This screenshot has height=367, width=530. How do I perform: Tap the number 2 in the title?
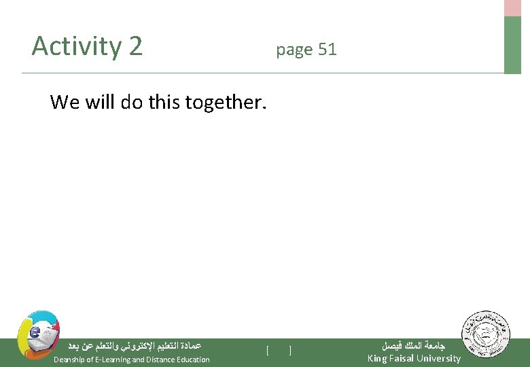(135, 46)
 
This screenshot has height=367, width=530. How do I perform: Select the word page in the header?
(294, 50)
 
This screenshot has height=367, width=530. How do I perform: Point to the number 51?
(327, 50)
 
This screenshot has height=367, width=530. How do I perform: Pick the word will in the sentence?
(100, 102)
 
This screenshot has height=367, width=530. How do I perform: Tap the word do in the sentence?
(130, 102)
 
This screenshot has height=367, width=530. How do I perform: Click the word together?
(224, 102)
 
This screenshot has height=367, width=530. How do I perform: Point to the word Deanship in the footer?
(71, 360)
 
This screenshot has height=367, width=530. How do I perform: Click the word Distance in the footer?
(162, 360)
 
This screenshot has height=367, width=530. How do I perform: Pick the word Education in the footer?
(194, 360)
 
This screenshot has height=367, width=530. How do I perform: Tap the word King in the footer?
(377, 358)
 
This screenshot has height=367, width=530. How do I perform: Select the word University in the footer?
(439, 358)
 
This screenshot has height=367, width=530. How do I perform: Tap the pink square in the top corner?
(512, 7)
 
